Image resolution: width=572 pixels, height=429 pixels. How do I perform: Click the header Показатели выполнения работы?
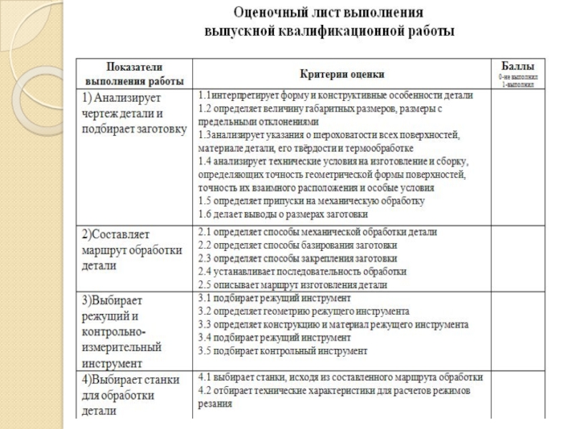[134, 73]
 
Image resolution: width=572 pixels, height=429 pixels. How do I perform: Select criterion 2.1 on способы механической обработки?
[317, 232]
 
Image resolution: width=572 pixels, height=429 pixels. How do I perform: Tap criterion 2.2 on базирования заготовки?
[297, 245]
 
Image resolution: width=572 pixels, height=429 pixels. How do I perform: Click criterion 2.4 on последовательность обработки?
[302, 271]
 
